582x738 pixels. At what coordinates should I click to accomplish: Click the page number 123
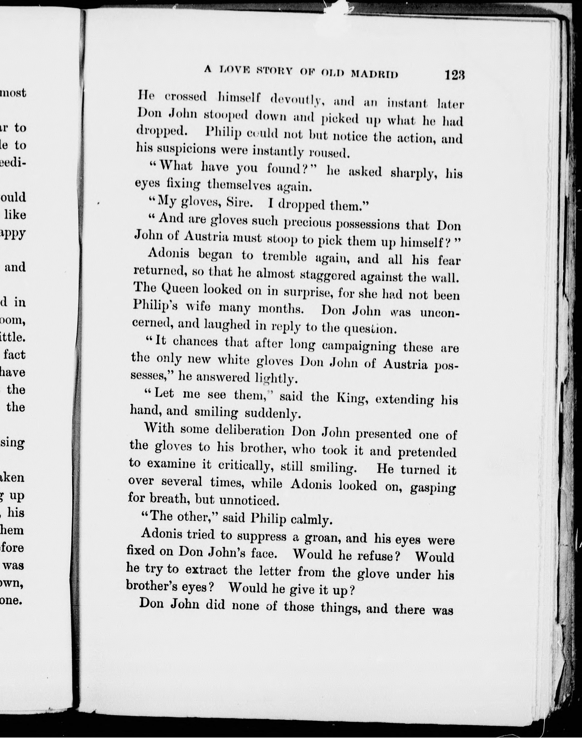coord(454,75)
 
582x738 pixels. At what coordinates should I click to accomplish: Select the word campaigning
coord(359,346)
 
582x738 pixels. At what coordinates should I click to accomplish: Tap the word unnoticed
coord(249,500)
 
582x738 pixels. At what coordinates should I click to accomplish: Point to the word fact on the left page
coord(14,355)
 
